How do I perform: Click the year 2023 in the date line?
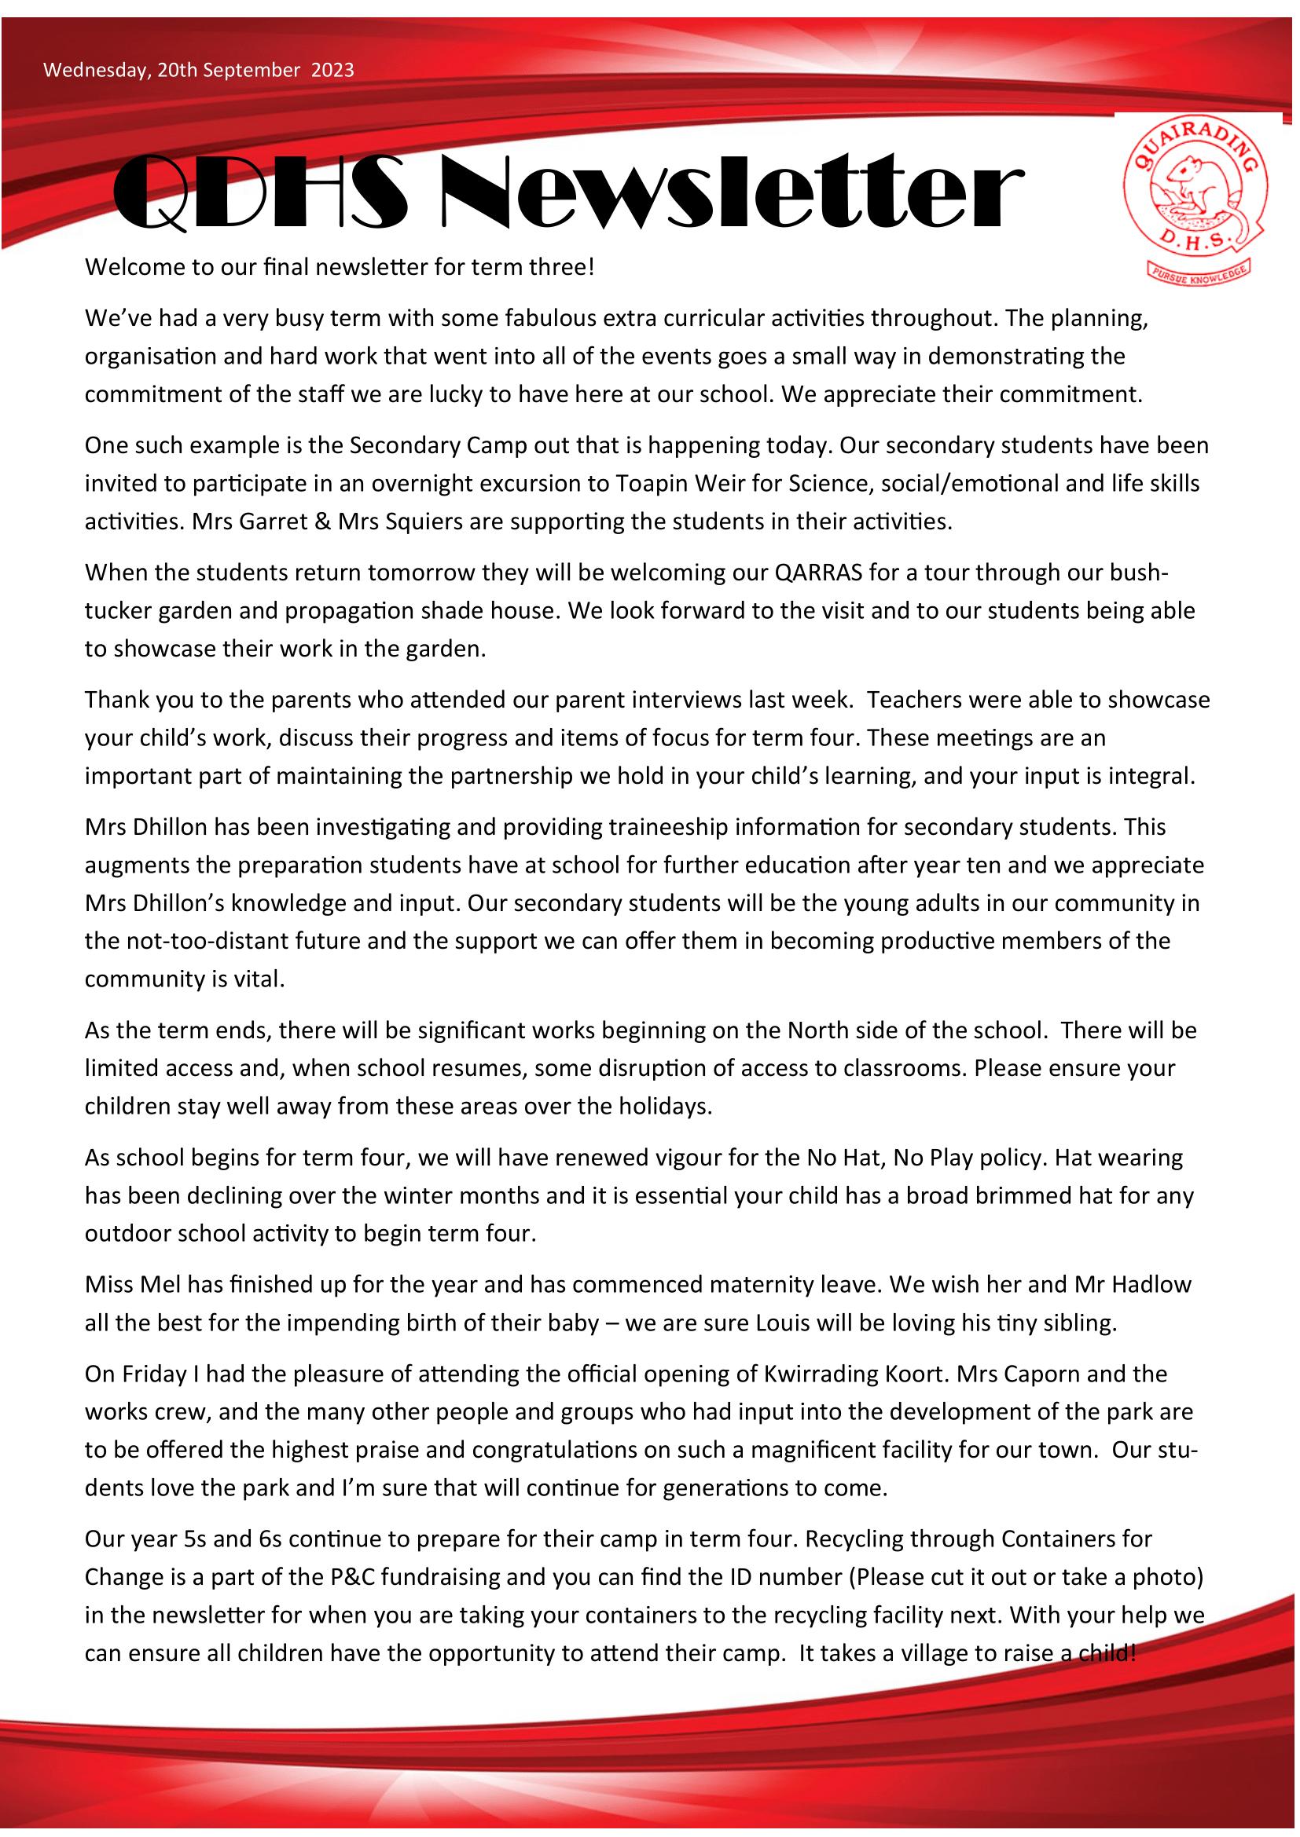[x=332, y=71]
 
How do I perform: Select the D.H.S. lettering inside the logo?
[x=1199, y=241]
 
